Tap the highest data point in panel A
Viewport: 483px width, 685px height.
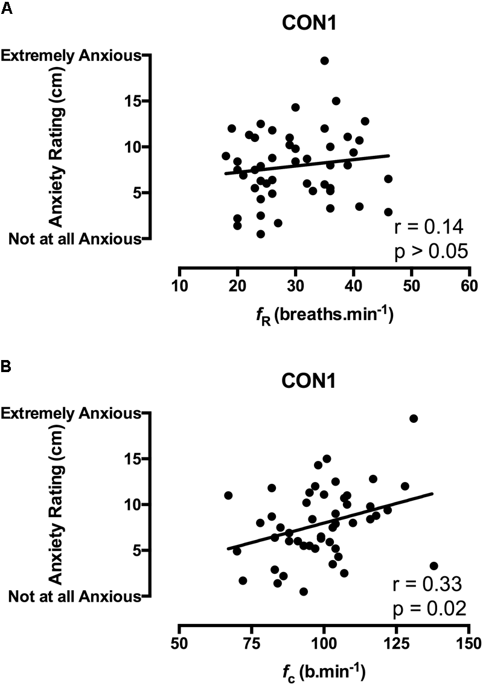(324, 60)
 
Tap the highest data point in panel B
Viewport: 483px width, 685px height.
(414, 419)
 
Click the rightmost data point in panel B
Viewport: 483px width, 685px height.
(433, 566)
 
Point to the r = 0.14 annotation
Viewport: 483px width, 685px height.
(428, 227)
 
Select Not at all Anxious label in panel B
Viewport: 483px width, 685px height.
(74, 596)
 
